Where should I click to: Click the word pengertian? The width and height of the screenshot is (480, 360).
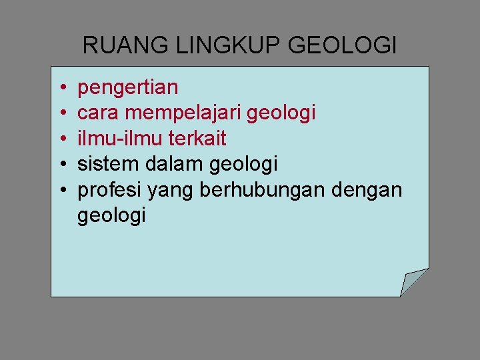pyautogui.click(x=128, y=87)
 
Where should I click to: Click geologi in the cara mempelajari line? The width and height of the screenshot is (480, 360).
pyautogui.click(x=281, y=113)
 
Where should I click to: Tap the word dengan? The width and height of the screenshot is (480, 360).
pyautogui.click(x=368, y=190)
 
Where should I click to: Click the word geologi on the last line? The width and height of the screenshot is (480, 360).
pyautogui.click(x=111, y=215)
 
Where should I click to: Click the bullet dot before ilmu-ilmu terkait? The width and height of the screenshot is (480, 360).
pyautogui.click(x=61, y=139)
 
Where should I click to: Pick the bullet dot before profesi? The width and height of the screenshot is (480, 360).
pyautogui.click(x=61, y=190)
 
